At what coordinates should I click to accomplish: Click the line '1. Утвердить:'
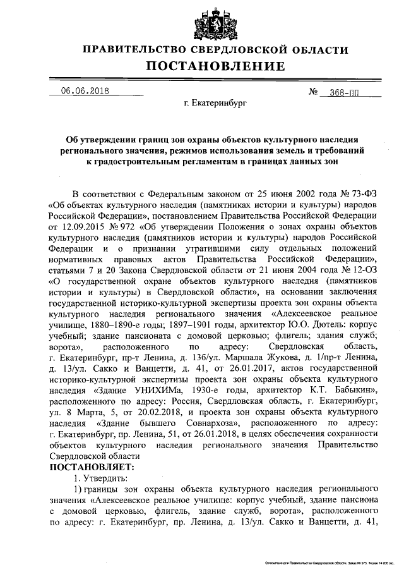tap(101, 478)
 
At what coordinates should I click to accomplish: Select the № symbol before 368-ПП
tap(314, 92)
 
